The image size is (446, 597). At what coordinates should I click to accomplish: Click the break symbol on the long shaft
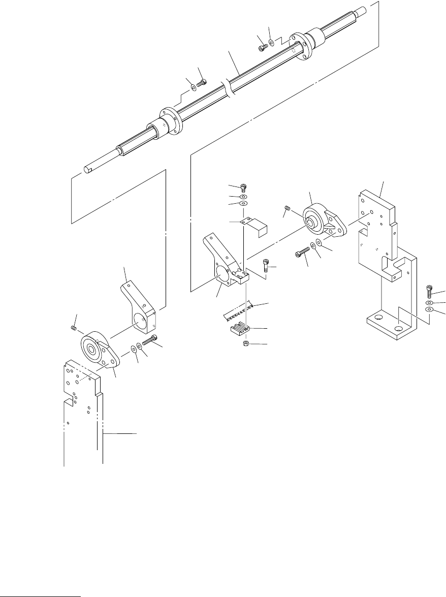click(229, 87)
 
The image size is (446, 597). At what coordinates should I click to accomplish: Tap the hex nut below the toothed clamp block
click(245, 345)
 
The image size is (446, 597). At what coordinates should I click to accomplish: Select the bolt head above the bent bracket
click(243, 186)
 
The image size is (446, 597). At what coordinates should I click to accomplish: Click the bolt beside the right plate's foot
click(430, 292)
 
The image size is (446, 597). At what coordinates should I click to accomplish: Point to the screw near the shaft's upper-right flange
click(262, 47)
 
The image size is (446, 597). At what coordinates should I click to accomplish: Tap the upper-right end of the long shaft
click(363, 10)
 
